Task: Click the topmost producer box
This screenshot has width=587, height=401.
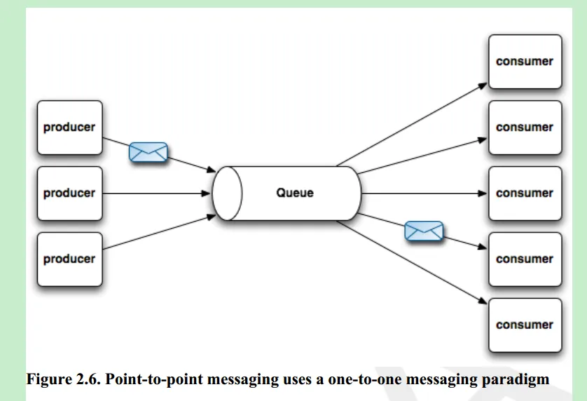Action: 70,127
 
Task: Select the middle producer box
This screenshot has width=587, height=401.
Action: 70,193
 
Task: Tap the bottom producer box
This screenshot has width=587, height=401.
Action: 70,259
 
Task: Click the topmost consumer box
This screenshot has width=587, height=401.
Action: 525,62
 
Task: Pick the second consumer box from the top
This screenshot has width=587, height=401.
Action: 525,127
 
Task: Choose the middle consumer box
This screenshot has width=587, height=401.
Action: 525,193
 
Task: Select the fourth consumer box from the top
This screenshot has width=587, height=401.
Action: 525,259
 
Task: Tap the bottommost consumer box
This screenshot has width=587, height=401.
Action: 525,325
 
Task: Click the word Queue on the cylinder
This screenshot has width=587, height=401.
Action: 295,193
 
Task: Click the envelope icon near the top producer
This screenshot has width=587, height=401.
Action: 149,153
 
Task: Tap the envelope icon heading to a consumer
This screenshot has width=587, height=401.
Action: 424,231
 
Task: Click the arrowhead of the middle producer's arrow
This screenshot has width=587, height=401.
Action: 206,193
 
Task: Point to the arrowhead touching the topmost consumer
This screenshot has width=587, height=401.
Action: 483,86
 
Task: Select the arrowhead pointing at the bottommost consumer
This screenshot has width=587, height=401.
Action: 483,300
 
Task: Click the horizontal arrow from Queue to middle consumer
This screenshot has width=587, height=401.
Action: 424,193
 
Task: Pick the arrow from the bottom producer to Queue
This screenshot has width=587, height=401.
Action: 159,232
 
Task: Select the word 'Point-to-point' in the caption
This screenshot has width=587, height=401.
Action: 155,380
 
